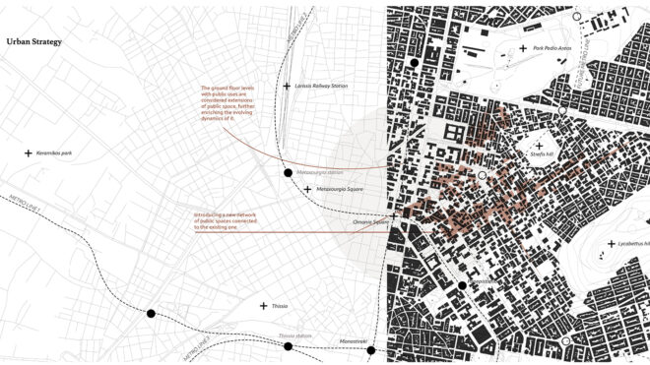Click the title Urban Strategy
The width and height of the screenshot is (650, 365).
click(34, 42)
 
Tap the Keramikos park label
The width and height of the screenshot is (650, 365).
click(55, 153)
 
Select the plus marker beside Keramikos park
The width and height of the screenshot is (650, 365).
click(29, 153)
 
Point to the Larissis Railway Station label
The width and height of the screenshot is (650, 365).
click(322, 87)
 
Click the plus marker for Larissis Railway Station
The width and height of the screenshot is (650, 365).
click(287, 87)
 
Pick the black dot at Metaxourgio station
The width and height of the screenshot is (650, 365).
click(288, 173)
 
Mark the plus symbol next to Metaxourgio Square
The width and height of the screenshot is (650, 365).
click(308, 189)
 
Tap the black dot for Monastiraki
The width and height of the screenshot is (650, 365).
click(371, 350)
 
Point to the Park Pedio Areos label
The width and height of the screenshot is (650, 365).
click(552, 48)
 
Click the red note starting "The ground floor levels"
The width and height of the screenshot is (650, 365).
click(226, 101)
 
